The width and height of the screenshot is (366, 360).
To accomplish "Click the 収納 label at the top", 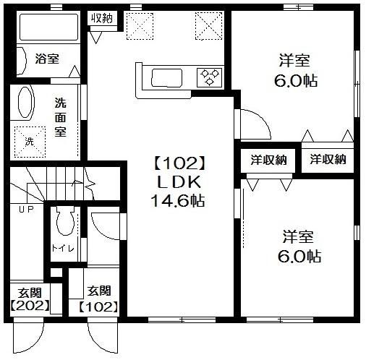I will pos(102,18).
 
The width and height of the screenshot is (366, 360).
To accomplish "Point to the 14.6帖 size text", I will pos(177,200).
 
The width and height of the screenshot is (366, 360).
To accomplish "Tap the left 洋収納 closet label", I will pos(268,160).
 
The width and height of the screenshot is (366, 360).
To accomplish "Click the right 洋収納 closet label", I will pos(328,160).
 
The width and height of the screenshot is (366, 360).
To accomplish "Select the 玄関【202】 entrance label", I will pos(30,299).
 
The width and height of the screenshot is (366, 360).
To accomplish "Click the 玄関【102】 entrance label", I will pos(99,299).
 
